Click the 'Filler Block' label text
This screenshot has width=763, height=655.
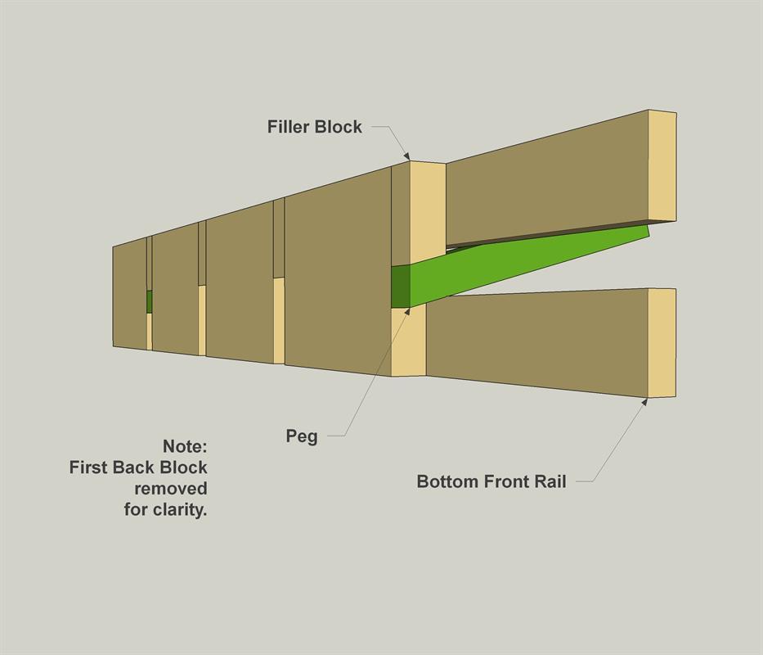pos(314,127)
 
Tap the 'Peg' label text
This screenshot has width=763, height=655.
pos(302,436)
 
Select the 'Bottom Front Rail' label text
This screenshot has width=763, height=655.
pos(491,481)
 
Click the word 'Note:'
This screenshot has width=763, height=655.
pos(185,446)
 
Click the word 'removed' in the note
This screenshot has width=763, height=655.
pos(171,488)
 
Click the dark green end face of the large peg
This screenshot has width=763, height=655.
pos(401,287)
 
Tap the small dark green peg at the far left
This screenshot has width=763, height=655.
pos(150,301)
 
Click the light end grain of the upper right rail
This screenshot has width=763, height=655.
pos(662,166)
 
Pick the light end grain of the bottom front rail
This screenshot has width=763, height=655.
pos(662,343)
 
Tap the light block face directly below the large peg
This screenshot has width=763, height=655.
pos(409,341)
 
